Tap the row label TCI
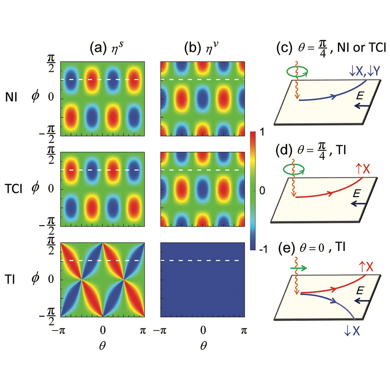coord(16,189)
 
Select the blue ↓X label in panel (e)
coord(351,332)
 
